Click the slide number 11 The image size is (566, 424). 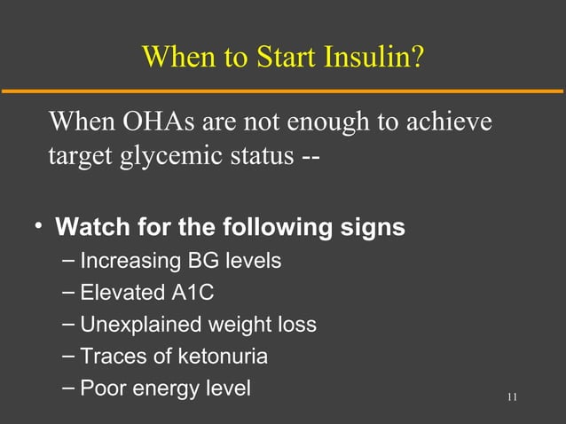[x=512, y=396]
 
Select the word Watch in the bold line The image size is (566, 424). [x=92, y=227]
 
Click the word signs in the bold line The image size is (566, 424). [x=373, y=227]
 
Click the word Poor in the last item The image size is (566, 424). [x=103, y=389]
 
